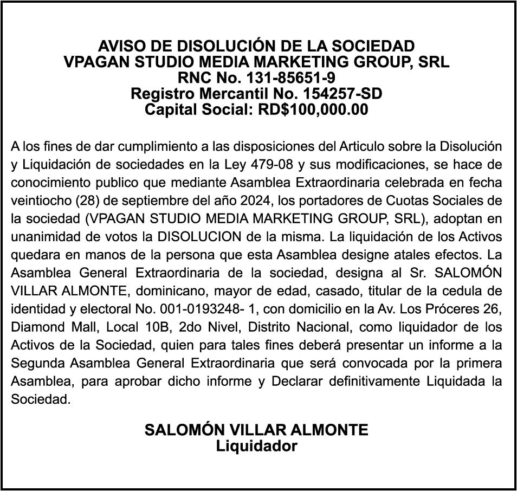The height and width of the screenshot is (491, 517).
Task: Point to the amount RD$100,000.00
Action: tap(313, 110)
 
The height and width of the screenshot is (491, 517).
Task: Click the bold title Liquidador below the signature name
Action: tap(256, 447)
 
